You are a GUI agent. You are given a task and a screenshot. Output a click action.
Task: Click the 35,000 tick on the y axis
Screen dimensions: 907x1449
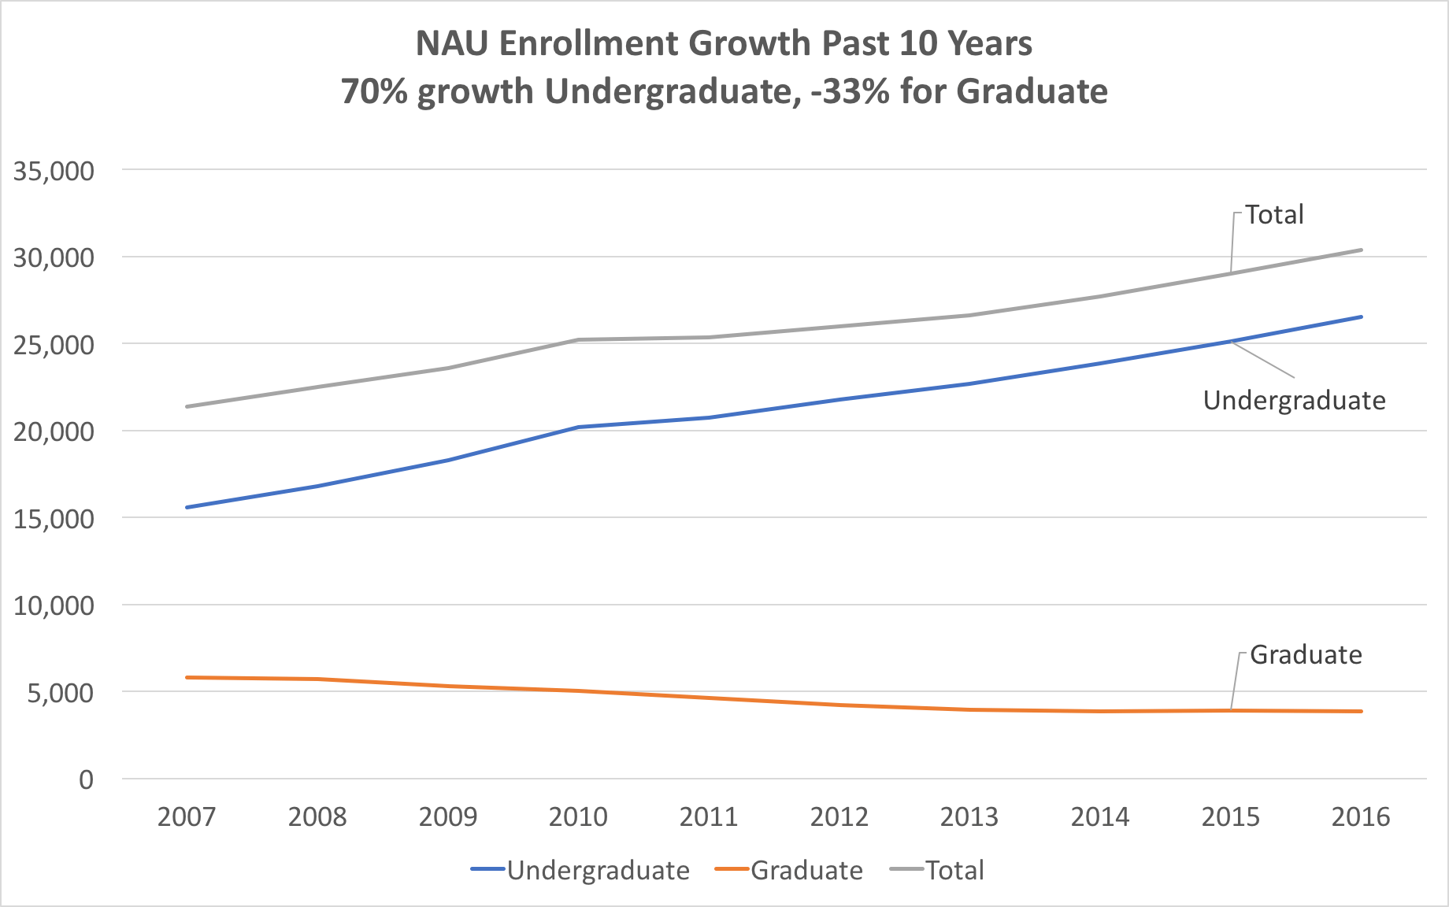pos(54,171)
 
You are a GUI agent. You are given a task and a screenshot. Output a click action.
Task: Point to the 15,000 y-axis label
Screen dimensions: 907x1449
pos(54,519)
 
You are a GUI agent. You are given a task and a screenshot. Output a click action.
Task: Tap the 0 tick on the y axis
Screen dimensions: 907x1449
pos(86,779)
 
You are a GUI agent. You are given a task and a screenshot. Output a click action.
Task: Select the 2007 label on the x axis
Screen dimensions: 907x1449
pos(187,817)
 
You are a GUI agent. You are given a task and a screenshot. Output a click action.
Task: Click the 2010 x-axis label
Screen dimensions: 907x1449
pos(578,817)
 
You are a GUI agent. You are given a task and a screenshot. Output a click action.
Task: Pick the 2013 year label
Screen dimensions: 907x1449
pos(969,817)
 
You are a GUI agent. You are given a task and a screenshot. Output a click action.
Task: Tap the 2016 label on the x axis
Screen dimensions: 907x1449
pos(1361,817)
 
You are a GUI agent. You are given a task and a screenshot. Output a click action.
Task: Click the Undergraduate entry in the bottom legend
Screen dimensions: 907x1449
pos(598,871)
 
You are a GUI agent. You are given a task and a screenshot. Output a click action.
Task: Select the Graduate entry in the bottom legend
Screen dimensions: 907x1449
pos(806,871)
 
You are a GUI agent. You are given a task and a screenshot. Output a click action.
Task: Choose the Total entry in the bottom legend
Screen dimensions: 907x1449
pos(954,871)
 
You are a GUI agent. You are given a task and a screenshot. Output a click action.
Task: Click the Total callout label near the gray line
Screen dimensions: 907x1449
pos(1274,215)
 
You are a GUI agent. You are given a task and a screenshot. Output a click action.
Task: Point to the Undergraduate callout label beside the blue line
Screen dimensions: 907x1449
pos(1294,401)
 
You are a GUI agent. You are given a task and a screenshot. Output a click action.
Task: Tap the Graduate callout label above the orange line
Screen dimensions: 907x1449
pos(1306,655)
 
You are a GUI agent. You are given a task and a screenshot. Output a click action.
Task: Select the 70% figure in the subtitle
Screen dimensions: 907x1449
pos(374,91)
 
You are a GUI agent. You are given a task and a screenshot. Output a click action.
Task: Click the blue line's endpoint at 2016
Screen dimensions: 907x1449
pos(1362,317)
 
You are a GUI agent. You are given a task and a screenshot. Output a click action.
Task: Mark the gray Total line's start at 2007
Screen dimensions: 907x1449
pos(187,406)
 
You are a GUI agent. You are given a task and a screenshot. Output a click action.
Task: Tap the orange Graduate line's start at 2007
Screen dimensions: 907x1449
pos(187,677)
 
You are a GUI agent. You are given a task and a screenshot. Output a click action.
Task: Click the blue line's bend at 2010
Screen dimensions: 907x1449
pos(578,427)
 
